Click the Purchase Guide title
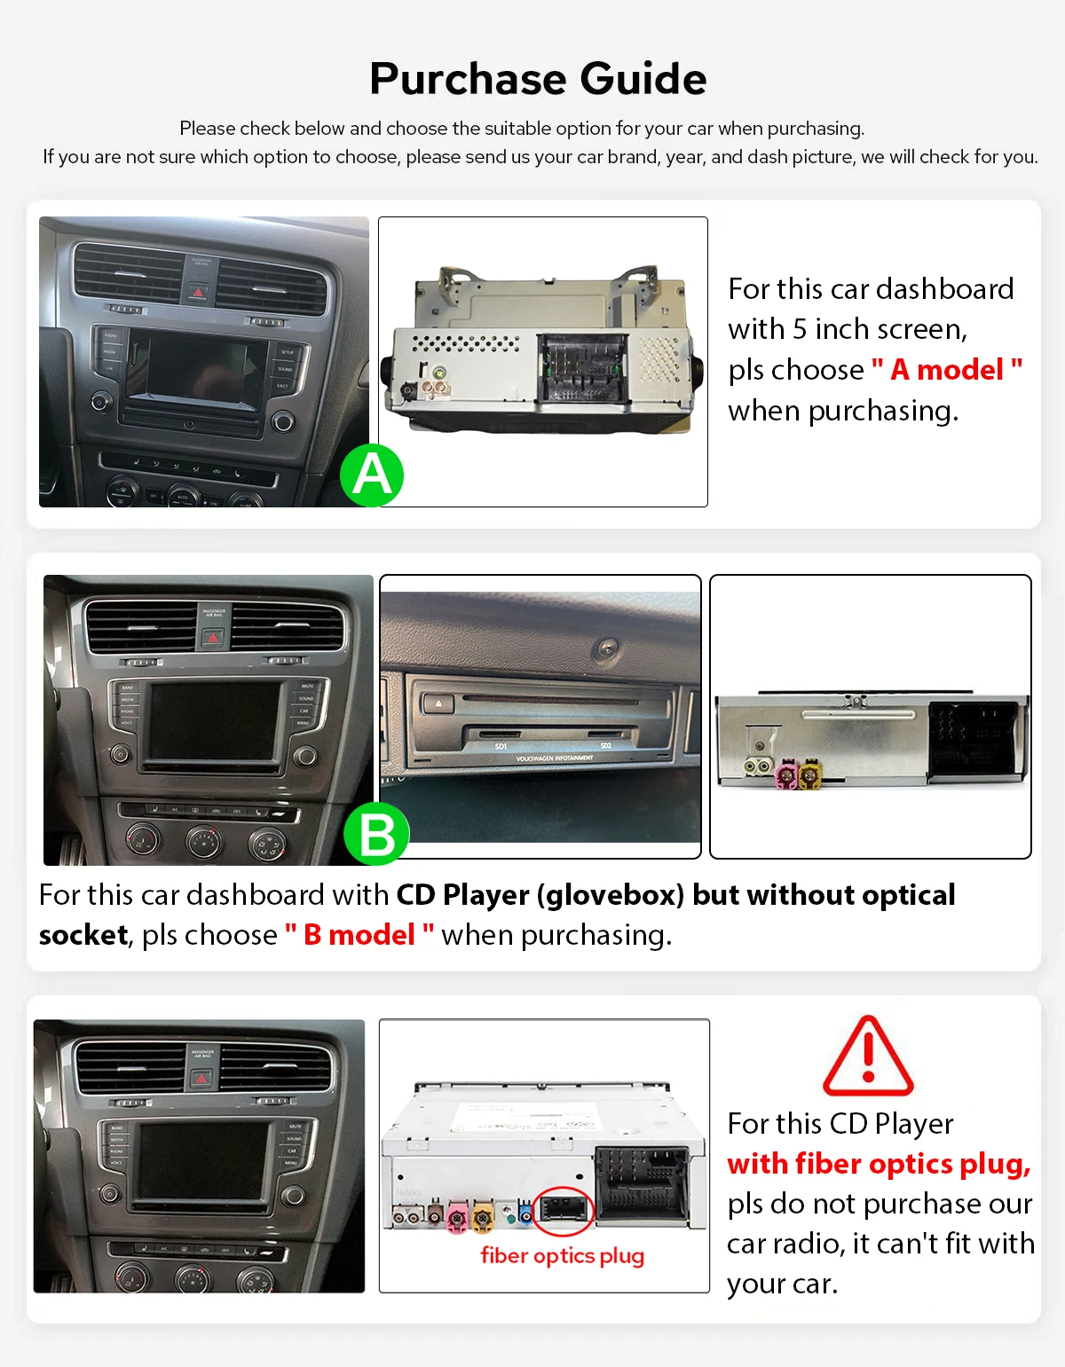click(x=538, y=79)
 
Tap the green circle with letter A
click(x=372, y=475)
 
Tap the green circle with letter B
click(x=376, y=835)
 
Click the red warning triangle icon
click(x=867, y=1057)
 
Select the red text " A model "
click(x=947, y=369)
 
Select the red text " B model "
click(x=359, y=935)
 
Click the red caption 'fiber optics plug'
click(x=562, y=1255)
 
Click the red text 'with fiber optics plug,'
click(x=879, y=1163)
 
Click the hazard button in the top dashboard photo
click(x=199, y=291)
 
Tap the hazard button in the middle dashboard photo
click(x=213, y=637)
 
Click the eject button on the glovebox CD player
click(x=438, y=704)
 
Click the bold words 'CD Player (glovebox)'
click(x=540, y=895)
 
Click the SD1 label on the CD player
click(x=501, y=747)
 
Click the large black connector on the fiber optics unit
click(x=642, y=1182)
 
